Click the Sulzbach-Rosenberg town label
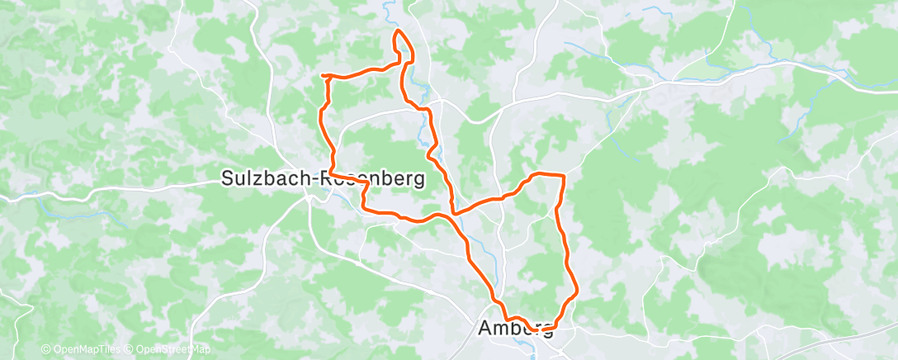[324, 178]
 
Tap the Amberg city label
[515, 329]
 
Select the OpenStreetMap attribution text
[170, 350]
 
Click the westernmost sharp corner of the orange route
[322, 76]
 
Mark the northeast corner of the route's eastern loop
[563, 176]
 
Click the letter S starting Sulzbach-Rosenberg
[228, 178]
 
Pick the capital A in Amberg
[485, 329]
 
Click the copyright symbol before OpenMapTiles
[45, 350]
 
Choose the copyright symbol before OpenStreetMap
[130, 350]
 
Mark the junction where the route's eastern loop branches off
[453, 212]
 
